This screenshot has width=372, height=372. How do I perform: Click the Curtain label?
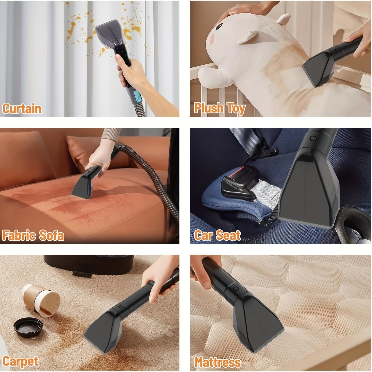click(x=22, y=108)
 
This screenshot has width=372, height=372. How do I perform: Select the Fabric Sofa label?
click(x=33, y=235)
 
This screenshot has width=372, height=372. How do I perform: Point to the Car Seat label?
click(x=217, y=235)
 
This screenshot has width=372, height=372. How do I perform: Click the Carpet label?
click(x=20, y=361)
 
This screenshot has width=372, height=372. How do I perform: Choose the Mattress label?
click(x=218, y=362)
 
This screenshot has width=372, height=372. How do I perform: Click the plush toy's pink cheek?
click(x=212, y=39)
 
